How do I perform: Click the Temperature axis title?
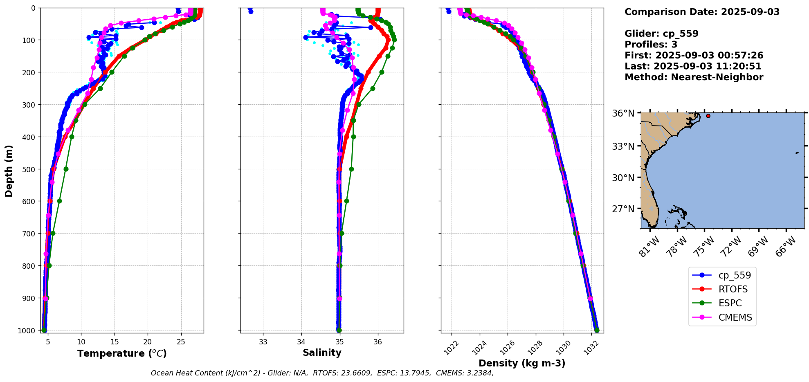pos(122,353)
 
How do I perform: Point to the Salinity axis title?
pos(322,353)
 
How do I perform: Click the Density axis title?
pos(522,363)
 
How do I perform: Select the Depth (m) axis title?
pos(9,171)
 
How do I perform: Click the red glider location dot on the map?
pos(708,116)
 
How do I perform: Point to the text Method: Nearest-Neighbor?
pos(694,77)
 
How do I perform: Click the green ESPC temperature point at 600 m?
pos(59,201)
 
